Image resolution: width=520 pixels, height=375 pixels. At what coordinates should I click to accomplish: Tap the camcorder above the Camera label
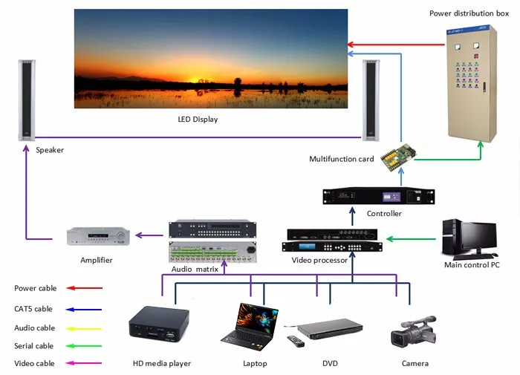[x=413, y=330]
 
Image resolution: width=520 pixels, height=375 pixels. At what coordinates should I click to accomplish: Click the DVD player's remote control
[x=296, y=342]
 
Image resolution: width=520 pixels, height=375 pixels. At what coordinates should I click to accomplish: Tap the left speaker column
[x=27, y=102]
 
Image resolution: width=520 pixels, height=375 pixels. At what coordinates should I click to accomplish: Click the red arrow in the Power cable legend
[x=83, y=288]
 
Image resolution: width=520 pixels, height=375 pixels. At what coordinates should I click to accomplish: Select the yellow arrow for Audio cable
[x=83, y=327]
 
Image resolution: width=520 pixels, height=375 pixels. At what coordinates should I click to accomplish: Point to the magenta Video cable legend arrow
[x=83, y=364]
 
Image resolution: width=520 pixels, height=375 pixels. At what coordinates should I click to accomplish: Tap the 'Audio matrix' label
[x=195, y=269]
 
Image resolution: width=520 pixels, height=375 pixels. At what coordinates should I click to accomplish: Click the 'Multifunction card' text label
[x=342, y=159]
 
